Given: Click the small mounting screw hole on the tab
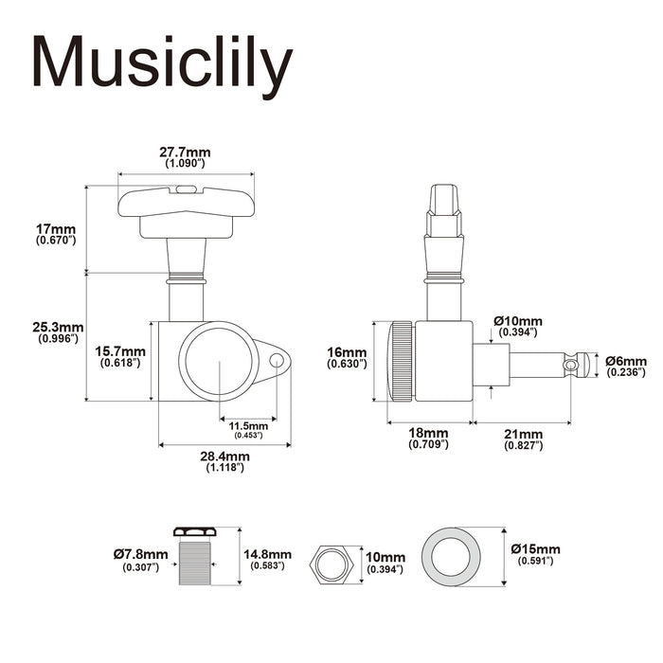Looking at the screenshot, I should [x=278, y=361].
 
